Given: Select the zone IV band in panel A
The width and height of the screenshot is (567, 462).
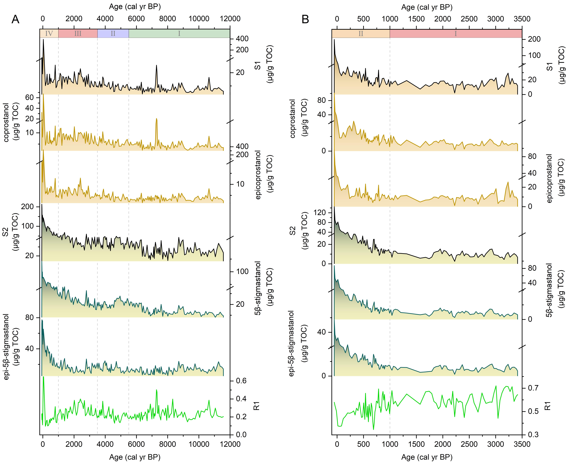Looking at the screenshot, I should [x=49, y=34].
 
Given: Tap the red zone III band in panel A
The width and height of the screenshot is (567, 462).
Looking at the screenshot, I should [x=78, y=34].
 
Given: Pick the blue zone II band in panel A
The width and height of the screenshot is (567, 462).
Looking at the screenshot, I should [x=113, y=34].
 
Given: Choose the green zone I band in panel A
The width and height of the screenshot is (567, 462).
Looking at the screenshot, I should [x=179, y=34].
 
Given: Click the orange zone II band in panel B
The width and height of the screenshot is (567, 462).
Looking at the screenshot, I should [x=361, y=34].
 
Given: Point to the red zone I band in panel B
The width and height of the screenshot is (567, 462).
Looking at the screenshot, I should [x=455, y=34].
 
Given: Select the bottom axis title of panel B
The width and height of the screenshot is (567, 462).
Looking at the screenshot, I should [x=427, y=457].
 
